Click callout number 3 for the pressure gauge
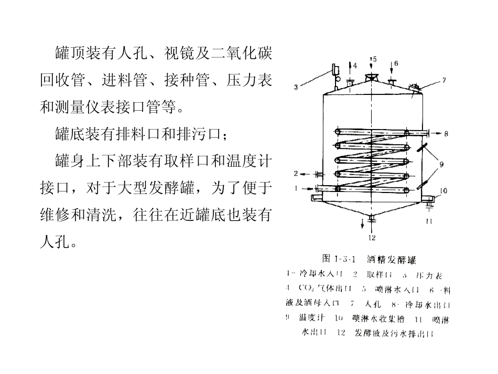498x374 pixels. pos(296,88)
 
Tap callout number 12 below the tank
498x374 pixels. pos(372,238)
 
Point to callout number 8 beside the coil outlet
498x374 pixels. pos(446,133)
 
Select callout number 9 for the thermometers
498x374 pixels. pos(441,164)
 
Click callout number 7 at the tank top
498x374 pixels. pos(443,81)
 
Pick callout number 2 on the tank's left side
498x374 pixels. pos(296,173)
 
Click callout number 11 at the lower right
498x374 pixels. pos(428,221)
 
